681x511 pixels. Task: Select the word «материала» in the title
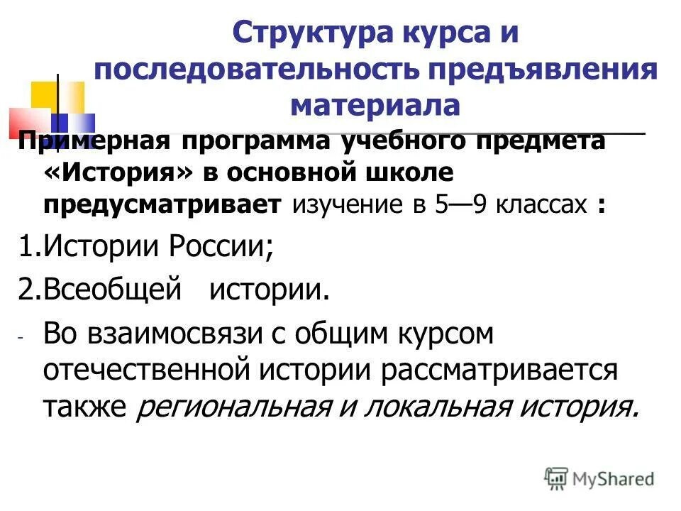(x=376, y=105)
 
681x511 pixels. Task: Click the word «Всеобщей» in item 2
(x=109, y=291)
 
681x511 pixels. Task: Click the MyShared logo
(x=599, y=478)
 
